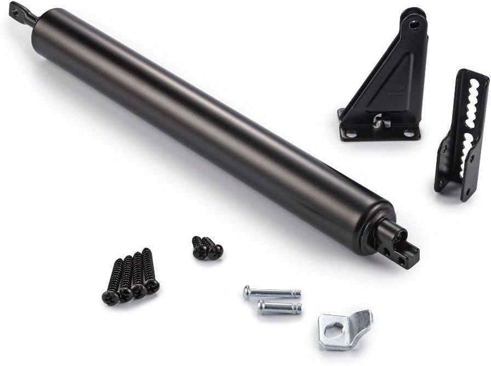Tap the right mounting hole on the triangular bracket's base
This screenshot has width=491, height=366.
409,133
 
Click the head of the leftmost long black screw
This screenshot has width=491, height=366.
110,297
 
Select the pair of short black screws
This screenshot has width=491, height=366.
207,248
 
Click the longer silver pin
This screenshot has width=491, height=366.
272,293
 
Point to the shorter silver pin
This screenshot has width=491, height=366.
279,307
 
